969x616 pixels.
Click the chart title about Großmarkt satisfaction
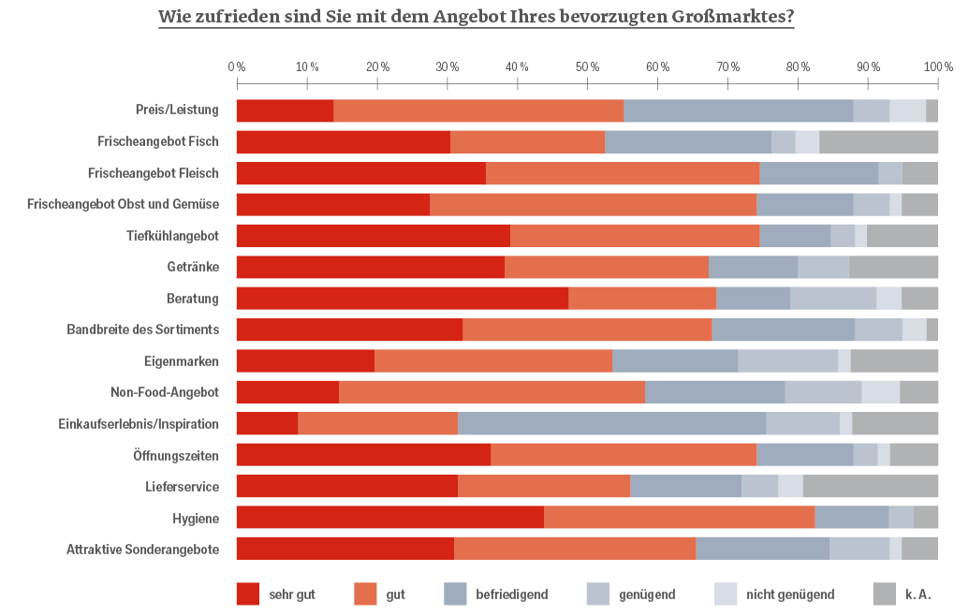(x=477, y=17)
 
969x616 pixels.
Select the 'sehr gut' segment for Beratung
(x=402, y=299)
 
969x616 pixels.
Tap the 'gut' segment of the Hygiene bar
(x=679, y=518)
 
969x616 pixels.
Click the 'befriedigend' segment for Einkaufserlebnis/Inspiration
(x=611, y=424)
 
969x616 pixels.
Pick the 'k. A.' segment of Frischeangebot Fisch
(x=878, y=142)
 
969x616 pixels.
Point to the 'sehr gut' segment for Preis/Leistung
(x=285, y=110)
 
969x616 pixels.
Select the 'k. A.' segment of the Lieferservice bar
(x=870, y=487)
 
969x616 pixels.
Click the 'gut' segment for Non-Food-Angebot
(x=492, y=392)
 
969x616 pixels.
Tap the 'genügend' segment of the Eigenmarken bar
(x=787, y=361)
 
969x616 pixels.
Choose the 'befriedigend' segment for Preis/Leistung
(x=738, y=110)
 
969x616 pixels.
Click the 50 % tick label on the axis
(x=588, y=67)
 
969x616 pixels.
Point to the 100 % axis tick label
(x=938, y=67)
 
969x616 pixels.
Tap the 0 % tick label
(x=237, y=67)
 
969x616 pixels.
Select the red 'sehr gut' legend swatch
(x=248, y=594)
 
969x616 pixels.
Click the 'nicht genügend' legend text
(x=790, y=594)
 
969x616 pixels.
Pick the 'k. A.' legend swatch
(x=885, y=594)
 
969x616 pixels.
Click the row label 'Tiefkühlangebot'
(x=172, y=236)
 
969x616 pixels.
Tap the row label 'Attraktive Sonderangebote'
(x=142, y=550)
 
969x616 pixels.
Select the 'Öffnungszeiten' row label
(x=176, y=456)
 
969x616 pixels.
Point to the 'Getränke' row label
(x=192, y=267)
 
